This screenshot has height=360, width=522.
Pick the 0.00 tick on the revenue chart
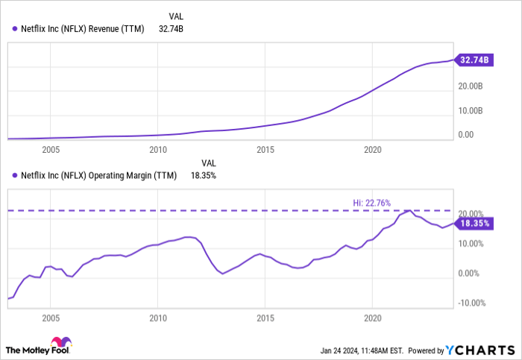[466, 135]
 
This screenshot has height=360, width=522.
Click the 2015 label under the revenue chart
[265, 150]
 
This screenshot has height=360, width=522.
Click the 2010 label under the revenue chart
[157, 150]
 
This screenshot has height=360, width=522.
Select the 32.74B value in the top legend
[172, 29]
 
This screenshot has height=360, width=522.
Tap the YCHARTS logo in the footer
[480, 349]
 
